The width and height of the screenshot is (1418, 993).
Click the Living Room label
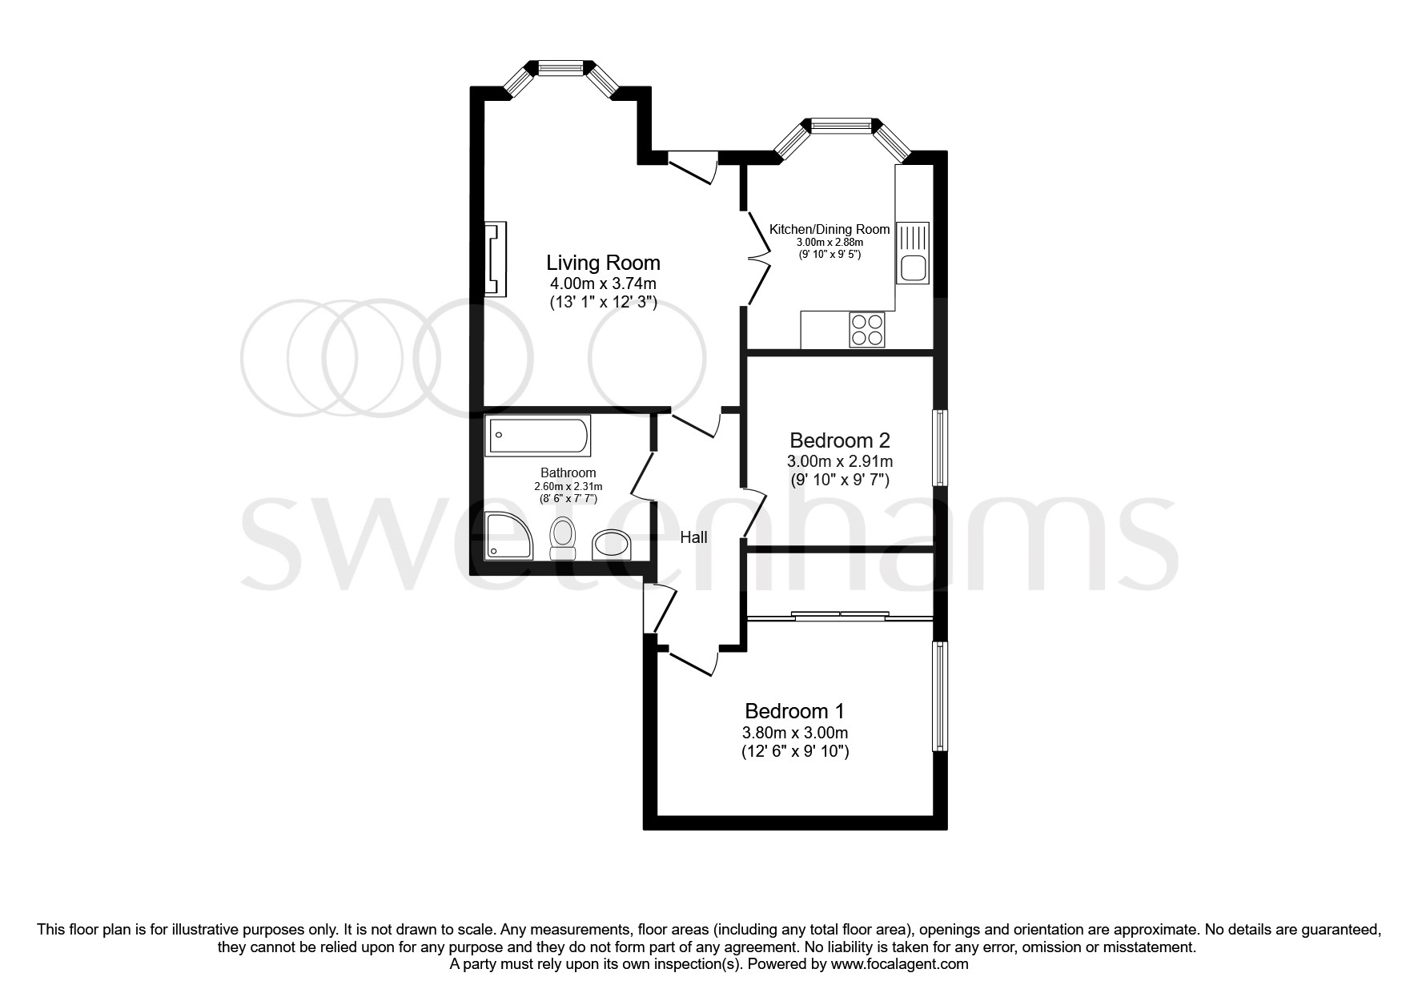point(603,263)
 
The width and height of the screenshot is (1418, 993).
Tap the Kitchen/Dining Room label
point(830,229)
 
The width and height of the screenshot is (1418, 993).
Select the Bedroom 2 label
point(840,440)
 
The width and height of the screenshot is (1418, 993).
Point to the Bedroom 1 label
point(795,711)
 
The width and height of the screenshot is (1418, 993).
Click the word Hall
point(693,537)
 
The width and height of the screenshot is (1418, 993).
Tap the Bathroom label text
point(568,472)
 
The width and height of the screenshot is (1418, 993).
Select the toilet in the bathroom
point(563,537)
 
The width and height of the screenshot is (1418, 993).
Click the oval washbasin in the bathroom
point(613,545)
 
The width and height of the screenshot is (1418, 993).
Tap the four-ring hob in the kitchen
point(867,329)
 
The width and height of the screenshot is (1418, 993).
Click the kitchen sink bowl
point(912,267)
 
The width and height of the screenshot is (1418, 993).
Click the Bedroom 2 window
point(940,448)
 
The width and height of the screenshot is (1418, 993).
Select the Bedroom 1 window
point(940,696)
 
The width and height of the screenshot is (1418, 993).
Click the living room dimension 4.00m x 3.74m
point(603,283)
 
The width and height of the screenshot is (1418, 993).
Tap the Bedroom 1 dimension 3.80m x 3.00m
point(795,733)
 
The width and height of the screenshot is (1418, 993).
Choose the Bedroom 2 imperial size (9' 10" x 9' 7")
point(840,480)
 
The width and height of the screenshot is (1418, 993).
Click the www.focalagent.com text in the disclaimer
point(899,964)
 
